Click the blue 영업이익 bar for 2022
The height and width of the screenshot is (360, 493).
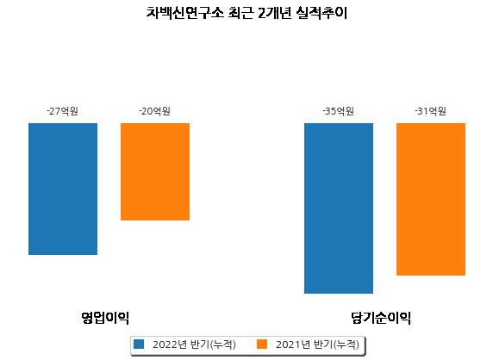coord(63,189)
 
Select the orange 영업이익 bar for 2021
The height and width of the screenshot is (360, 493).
coord(155,171)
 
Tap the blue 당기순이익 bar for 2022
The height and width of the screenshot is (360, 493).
coord(339,208)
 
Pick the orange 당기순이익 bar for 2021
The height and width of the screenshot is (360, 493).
coord(431,199)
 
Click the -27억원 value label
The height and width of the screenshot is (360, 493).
coord(63,111)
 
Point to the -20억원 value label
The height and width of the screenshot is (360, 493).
coord(154,111)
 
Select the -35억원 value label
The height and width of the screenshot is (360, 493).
coord(339,111)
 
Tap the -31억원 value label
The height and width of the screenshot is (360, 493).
coord(430,111)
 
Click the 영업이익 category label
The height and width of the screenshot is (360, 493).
coord(105,318)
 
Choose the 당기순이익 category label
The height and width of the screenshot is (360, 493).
coord(381,318)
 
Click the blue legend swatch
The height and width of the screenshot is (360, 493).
coord(139,344)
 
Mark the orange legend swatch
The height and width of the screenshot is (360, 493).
coord(262,344)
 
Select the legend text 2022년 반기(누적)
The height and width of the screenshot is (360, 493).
coord(194,344)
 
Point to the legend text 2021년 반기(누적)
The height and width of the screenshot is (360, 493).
coord(317,344)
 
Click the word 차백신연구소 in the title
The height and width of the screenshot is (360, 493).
coord(185,13)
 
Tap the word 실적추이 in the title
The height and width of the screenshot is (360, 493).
coord(321,13)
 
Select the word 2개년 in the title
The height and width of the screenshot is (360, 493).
coord(275,13)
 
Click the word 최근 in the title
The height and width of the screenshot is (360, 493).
coord(240,13)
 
